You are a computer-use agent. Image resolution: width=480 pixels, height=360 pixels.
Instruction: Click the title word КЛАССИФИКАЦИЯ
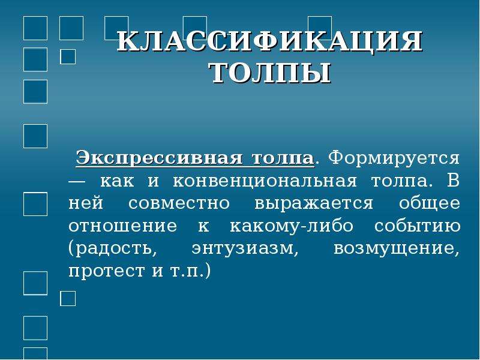click(x=269, y=41)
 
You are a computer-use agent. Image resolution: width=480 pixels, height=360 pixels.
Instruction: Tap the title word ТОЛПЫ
click(x=271, y=73)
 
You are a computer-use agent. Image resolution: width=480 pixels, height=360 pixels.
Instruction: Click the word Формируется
click(x=394, y=158)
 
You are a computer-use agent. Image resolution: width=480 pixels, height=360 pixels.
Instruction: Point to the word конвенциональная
click(x=265, y=181)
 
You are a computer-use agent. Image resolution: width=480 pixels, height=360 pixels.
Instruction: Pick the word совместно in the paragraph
click(x=179, y=203)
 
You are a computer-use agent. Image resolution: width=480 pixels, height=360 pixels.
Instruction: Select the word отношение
click(x=123, y=226)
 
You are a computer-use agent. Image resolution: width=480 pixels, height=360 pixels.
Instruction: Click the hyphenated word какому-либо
click(x=292, y=226)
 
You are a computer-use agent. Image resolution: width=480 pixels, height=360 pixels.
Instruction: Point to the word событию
click(x=417, y=226)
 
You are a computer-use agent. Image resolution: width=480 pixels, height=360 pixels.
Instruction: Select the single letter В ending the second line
click(x=454, y=181)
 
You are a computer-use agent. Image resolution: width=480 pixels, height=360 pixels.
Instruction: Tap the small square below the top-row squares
click(x=68, y=56)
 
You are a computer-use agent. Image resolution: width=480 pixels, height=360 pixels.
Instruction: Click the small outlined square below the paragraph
click(x=68, y=298)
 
